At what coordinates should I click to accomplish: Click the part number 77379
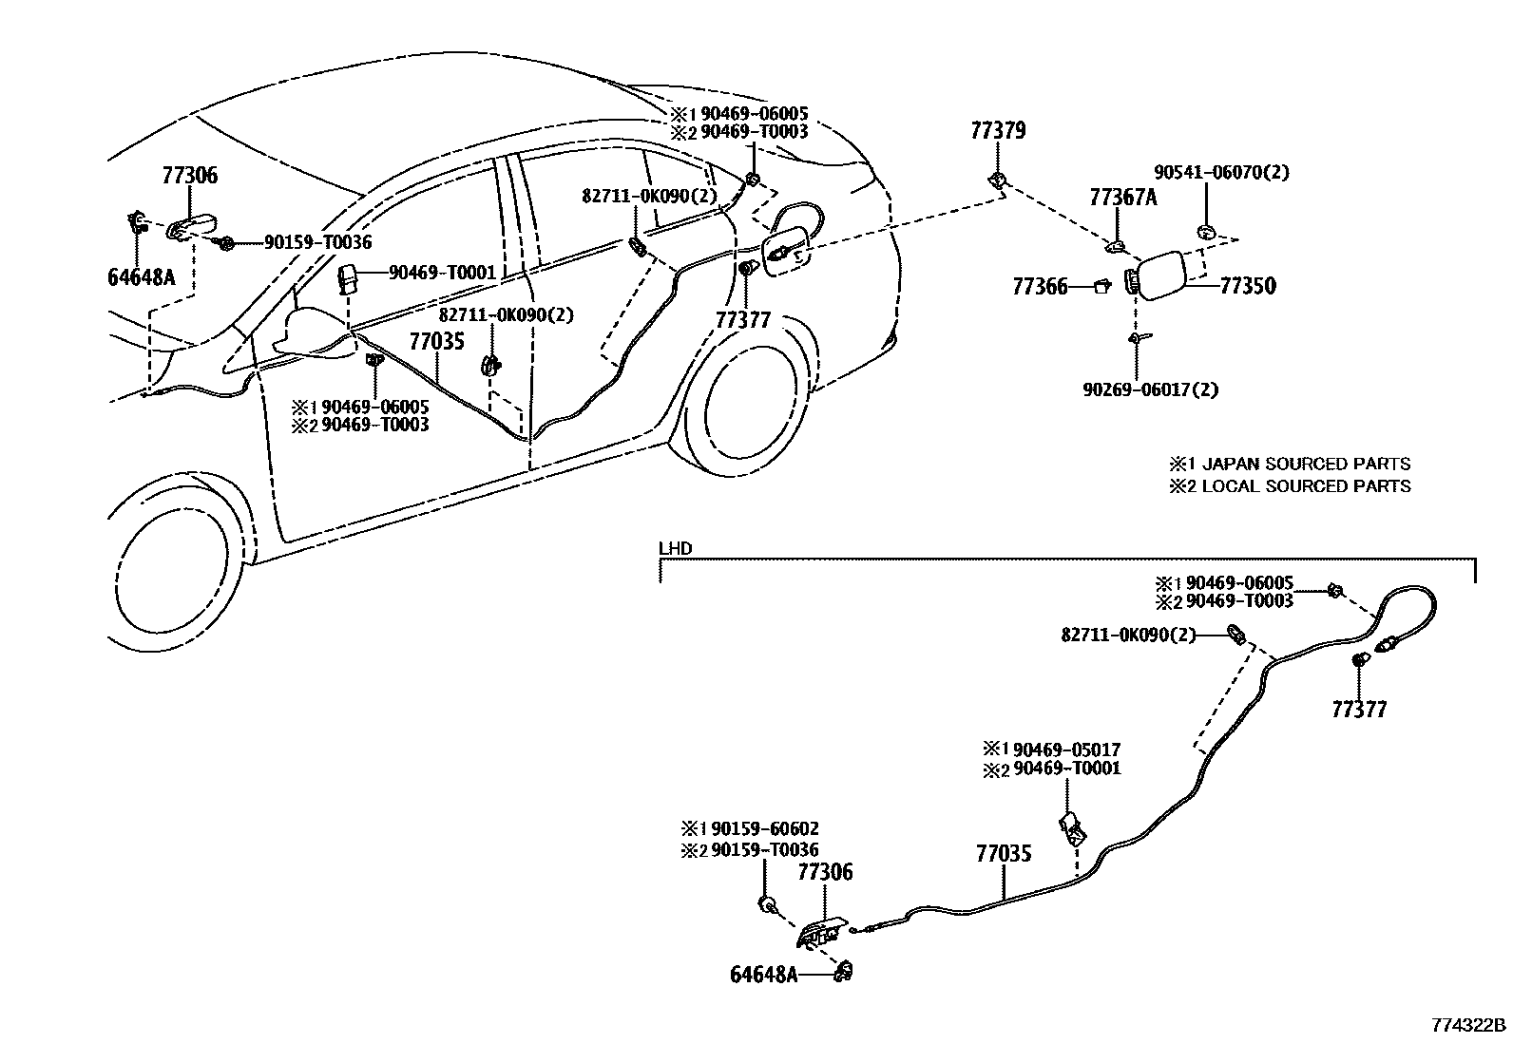coord(998,130)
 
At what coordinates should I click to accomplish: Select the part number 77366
coord(1040,286)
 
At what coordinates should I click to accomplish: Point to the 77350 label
coord(1248,286)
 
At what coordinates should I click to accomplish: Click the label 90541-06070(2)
coord(1221,172)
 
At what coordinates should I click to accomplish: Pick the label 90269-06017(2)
coord(1150,389)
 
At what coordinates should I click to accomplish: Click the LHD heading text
coord(675,548)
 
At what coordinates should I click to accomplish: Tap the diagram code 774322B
coord(1469,1025)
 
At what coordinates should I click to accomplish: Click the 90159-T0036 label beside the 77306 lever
coord(317,243)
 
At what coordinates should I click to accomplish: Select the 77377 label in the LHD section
coord(1358,709)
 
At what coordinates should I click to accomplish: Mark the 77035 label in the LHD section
coord(1003,853)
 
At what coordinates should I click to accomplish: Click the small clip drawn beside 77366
coord(1102,285)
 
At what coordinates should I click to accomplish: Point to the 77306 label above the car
coord(189,175)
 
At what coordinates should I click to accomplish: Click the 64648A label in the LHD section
coord(764,974)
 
